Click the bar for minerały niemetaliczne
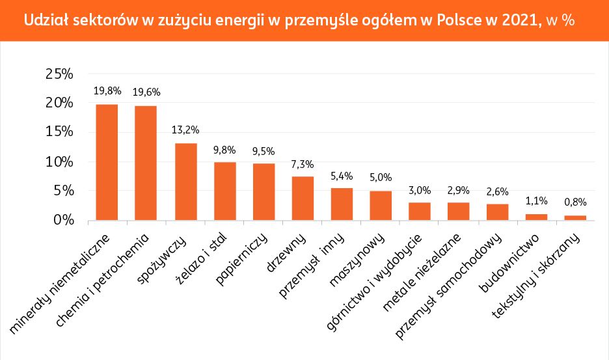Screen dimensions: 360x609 (107, 162)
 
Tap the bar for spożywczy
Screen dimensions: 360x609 (185, 182)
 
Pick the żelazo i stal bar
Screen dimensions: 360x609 (225, 191)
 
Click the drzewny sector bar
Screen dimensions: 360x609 (303, 199)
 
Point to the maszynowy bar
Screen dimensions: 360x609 (381, 206)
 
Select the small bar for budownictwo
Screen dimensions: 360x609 (536, 217)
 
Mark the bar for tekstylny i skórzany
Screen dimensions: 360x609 (575, 218)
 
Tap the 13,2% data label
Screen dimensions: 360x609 (185, 130)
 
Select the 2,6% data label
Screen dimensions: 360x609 (498, 191)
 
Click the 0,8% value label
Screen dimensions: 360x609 (575, 202)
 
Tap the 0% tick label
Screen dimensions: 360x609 (63, 221)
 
